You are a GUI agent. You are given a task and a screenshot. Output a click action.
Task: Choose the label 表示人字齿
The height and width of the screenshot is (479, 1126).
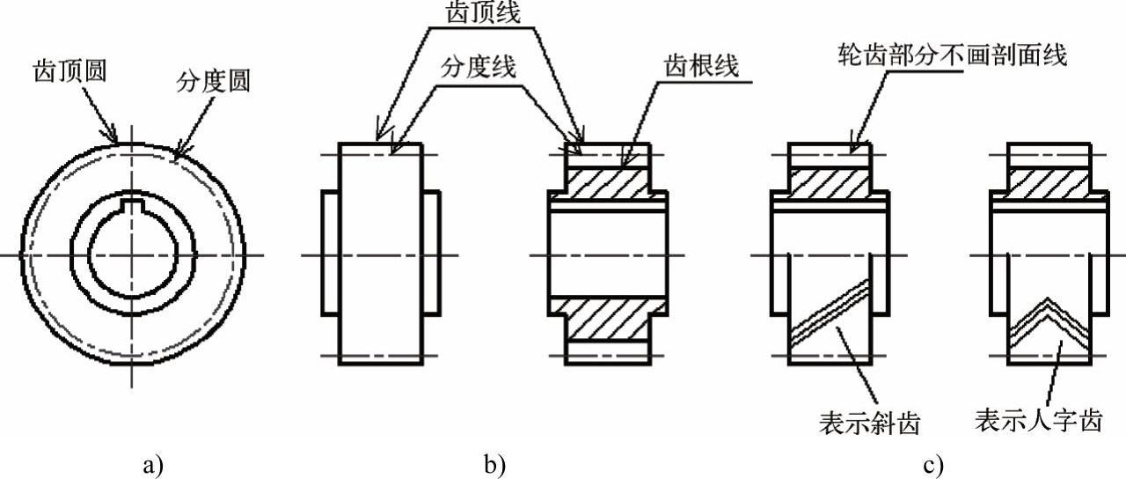point(1038,421)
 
